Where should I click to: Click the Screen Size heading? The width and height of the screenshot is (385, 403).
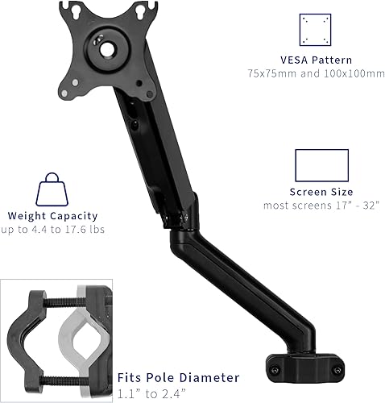pos(321,192)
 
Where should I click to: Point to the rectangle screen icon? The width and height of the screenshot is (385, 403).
pos(321,165)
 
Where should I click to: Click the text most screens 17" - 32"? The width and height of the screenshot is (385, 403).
pos(321,206)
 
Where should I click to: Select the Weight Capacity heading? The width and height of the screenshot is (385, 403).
pos(52,216)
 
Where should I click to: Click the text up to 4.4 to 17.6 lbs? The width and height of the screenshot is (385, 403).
pos(52,231)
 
